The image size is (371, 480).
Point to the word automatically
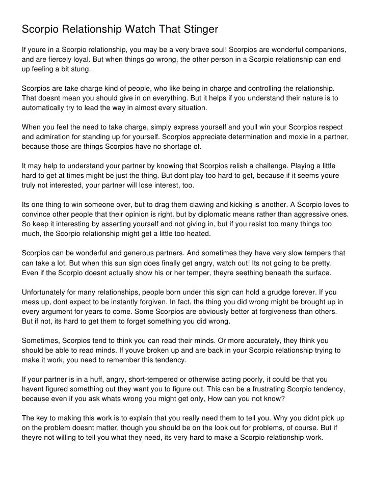[44, 108]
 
